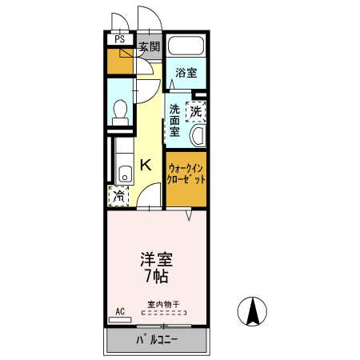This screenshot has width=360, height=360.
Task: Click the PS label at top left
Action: [x=120, y=38]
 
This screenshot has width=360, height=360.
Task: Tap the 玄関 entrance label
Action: [x=149, y=46]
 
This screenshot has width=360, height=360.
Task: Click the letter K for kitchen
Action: [x=146, y=165]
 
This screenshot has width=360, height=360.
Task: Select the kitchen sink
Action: [x=124, y=174]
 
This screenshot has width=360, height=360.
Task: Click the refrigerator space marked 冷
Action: [x=119, y=194]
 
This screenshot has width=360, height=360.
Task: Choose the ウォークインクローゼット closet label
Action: [x=186, y=174]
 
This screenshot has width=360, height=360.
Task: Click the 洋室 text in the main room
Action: [x=157, y=260]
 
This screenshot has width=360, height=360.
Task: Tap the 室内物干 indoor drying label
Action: [x=163, y=304]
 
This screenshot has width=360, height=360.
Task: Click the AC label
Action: [x=120, y=310]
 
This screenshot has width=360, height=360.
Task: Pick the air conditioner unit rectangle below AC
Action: [x=120, y=319]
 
